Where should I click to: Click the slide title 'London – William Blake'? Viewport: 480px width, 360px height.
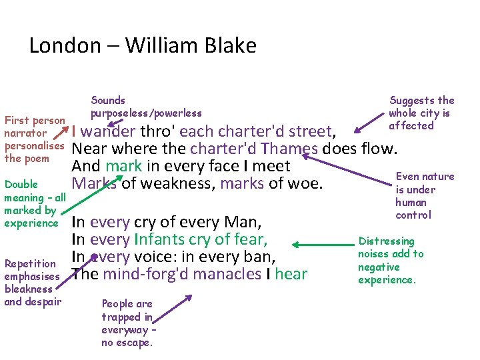point(143,45)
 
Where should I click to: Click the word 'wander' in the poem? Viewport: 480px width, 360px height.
point(108,131)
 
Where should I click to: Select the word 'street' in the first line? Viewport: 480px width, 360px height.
point(309,131)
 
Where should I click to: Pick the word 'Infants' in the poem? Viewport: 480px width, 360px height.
point(162,239)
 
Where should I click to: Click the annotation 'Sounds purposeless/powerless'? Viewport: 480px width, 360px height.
point(146,107)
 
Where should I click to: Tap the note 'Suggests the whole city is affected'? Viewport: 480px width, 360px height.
point(421,113)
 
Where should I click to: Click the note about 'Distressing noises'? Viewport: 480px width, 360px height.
point(391,260)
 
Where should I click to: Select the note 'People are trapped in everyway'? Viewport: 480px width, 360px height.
point(127,323)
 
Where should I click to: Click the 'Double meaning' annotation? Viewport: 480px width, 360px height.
point(35,203)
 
